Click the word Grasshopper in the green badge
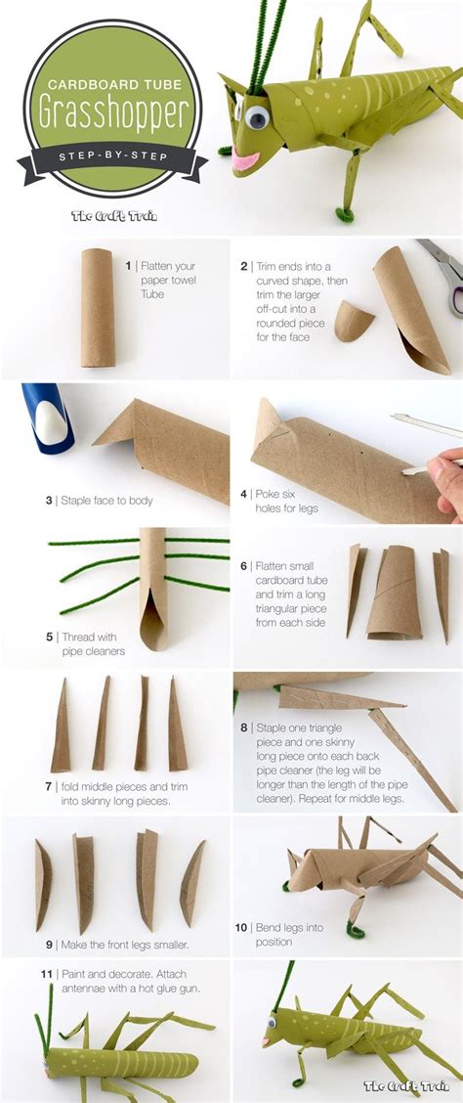click(x=113, y=112)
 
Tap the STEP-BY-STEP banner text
click(x=113, y=155)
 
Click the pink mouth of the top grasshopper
click(x=246, y=160)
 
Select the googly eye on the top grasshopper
click(x=257, y=117)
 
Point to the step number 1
click(x=129, y=266)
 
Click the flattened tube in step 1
click(x=98, y=307)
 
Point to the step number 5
click(x=49, y=637)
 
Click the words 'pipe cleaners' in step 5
click(x=94, y=650)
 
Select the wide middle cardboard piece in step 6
click(x=395, y=592)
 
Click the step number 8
click(x=244, y=728)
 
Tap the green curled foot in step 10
click(x=356, y=931)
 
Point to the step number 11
click(x=46, y=974)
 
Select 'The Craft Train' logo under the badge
click(x=114, y=214)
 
